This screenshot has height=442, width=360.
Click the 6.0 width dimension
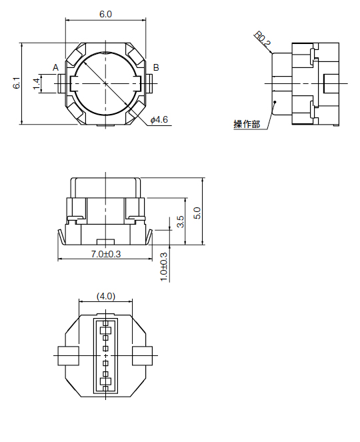[x=106, y=13]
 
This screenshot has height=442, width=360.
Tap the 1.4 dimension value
[x=37, y=83]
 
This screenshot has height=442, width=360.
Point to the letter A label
[x=56, y=68]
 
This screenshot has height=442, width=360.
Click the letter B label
[x=155, y=68]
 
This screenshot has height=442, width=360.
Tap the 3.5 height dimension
[x=181, y=221]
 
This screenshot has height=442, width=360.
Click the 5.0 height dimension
[x=197, y=212]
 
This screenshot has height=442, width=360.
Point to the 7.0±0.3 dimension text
[x=105, y=254]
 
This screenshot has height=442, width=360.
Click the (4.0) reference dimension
[x=105, y=296]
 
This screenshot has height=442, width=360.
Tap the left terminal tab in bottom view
[x=67, y=356]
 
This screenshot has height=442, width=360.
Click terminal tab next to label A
[x=65, y=83]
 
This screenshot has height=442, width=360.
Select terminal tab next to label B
[x=148, y=83]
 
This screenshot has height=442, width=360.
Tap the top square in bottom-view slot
[x=105, y=331]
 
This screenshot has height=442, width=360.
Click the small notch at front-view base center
[x=105, y=241]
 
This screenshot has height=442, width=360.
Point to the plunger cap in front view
[x=105, y=187]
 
